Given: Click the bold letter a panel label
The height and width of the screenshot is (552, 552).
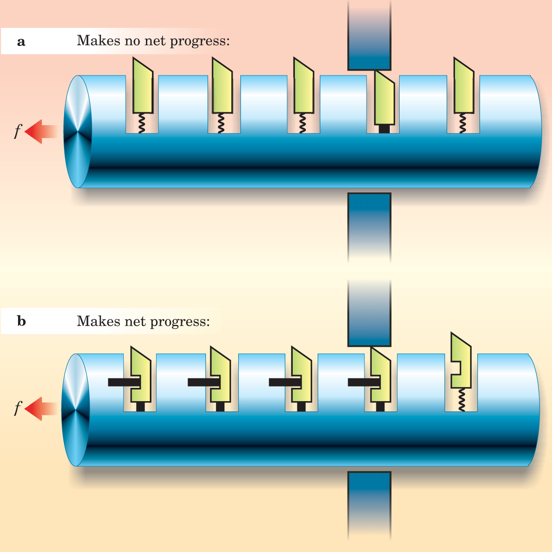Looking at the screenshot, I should tap(21, 42).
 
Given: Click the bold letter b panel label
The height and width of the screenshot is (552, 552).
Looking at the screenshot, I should tap(21, 321).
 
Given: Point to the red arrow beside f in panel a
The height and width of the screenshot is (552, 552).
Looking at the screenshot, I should tap(41, 131).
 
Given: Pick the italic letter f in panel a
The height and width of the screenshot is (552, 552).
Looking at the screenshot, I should tap(18, 130).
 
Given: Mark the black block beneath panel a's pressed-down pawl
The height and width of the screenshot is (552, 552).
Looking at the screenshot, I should tap(384, 129).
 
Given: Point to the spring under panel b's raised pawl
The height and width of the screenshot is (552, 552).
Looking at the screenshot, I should tap(461, 399).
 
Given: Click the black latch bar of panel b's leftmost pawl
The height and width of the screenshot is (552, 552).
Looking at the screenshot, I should tap(124, 382).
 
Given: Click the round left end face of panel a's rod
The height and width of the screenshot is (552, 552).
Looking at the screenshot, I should tap(78, 132).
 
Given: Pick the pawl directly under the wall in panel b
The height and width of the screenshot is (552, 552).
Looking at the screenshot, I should tap(380, 375).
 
